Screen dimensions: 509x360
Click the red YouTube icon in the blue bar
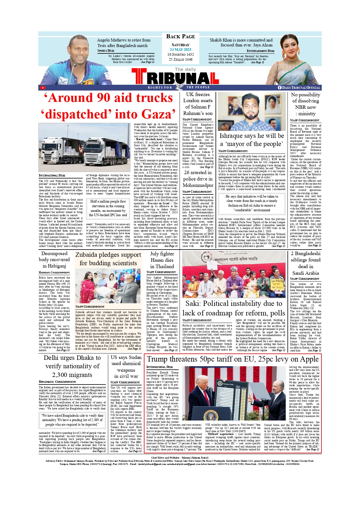43,88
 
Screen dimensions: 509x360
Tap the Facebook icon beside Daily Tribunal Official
280,88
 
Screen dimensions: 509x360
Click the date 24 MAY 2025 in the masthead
180,50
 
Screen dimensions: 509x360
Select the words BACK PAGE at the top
180,37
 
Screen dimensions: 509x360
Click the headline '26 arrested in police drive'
198,179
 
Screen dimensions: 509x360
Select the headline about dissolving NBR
306,104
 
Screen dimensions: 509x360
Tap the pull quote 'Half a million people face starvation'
108,208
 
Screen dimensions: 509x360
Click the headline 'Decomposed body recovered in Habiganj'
54,260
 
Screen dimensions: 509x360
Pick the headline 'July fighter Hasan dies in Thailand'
162,260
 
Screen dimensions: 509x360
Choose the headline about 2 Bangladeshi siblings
306,263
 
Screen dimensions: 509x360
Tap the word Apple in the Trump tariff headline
308,359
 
